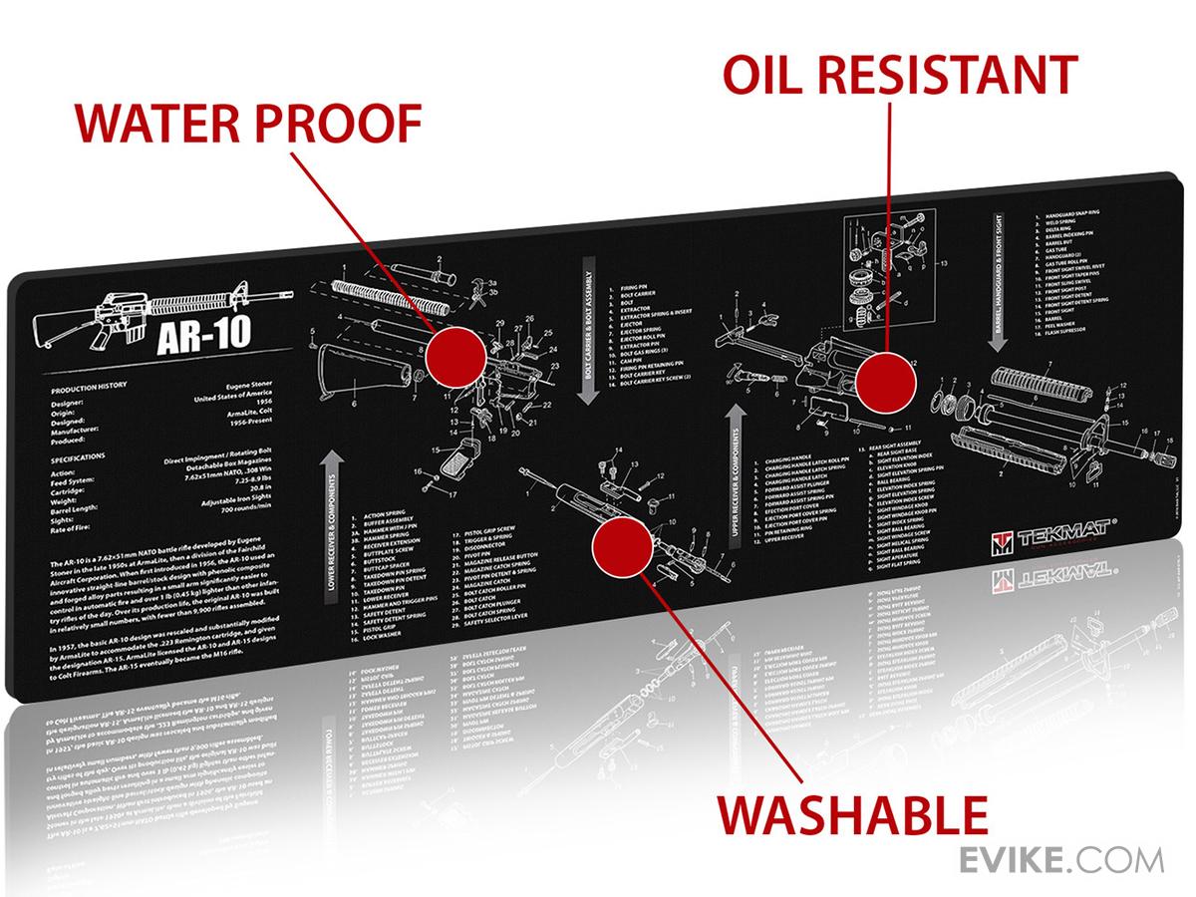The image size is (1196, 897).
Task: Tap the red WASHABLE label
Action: [x=852, y=814]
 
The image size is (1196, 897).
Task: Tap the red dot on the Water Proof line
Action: [x=456, y=354]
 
